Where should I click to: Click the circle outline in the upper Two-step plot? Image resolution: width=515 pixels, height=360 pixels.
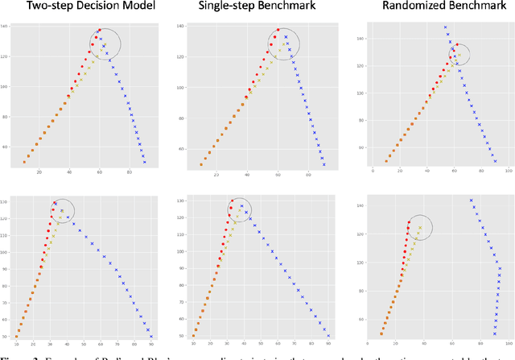pyautogui.click(x=105, y=43)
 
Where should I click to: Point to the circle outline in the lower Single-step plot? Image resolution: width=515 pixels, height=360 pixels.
pyautogui.click(x=240, y=211)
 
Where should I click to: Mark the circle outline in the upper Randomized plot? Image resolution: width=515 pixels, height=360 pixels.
pyautogui.click(x=459, y=55)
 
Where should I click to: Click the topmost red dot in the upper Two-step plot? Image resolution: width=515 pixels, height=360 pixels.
pyautogui.click(x=100, y=31)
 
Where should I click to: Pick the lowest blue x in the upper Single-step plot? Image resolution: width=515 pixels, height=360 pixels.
pyautogui.click(x=324, y=165)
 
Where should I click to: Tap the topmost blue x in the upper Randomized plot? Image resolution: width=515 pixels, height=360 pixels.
pyautogui.click(x=445, y=27)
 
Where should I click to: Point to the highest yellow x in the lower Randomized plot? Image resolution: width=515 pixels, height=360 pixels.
pyautogui.click(x=420, y=228)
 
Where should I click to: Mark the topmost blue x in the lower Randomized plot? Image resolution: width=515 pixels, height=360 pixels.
pyautogui.click(x=471, y=201)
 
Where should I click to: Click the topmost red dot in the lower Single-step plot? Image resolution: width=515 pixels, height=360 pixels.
pyautogui.click(x=232, y=201)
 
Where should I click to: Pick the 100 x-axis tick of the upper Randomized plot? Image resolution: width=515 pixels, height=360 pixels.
pyautogui.click(x=508, y=171)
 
